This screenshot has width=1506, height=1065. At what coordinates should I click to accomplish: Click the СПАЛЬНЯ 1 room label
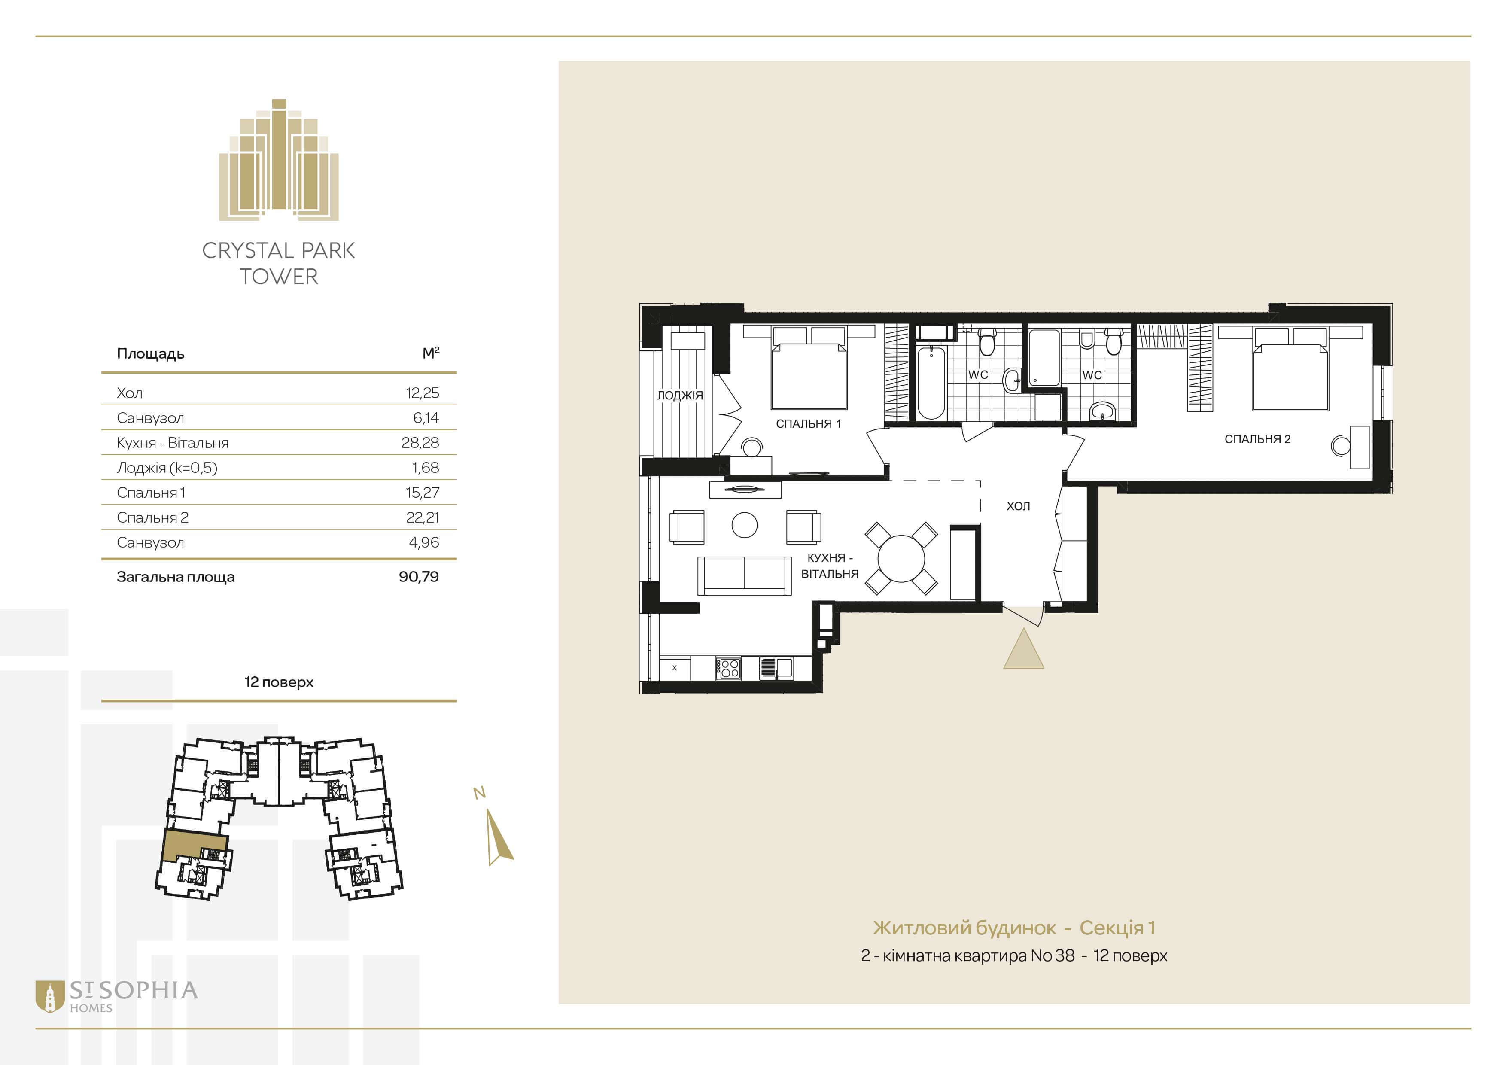click(x=808, y=424)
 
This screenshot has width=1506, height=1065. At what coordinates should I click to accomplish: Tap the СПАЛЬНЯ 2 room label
click(x=1257, y=439)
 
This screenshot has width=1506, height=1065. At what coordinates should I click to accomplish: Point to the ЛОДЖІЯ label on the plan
click(x=680, y=396)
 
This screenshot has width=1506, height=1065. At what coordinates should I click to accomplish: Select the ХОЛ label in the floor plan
click(x=1018, y=505)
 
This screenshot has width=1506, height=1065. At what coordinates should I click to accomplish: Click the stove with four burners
click(x=729, y=668)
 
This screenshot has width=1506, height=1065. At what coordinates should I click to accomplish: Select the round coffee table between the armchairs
click(x=745, y=525)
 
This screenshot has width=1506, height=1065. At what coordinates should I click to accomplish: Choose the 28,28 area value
click(x=420, y=443)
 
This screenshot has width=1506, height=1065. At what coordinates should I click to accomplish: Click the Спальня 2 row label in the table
click(x=152, y=517)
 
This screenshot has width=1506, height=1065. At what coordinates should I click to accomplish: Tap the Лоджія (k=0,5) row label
click(x=167, y=468)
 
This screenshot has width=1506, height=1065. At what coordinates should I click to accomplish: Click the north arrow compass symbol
click(x=499, y=836)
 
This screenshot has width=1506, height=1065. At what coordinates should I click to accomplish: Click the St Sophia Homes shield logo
click(x=49, y=996)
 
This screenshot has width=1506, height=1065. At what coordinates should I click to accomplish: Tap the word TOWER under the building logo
click(x=279, y=277)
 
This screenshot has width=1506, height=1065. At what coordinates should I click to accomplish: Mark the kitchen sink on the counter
click(x=776, y=668)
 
